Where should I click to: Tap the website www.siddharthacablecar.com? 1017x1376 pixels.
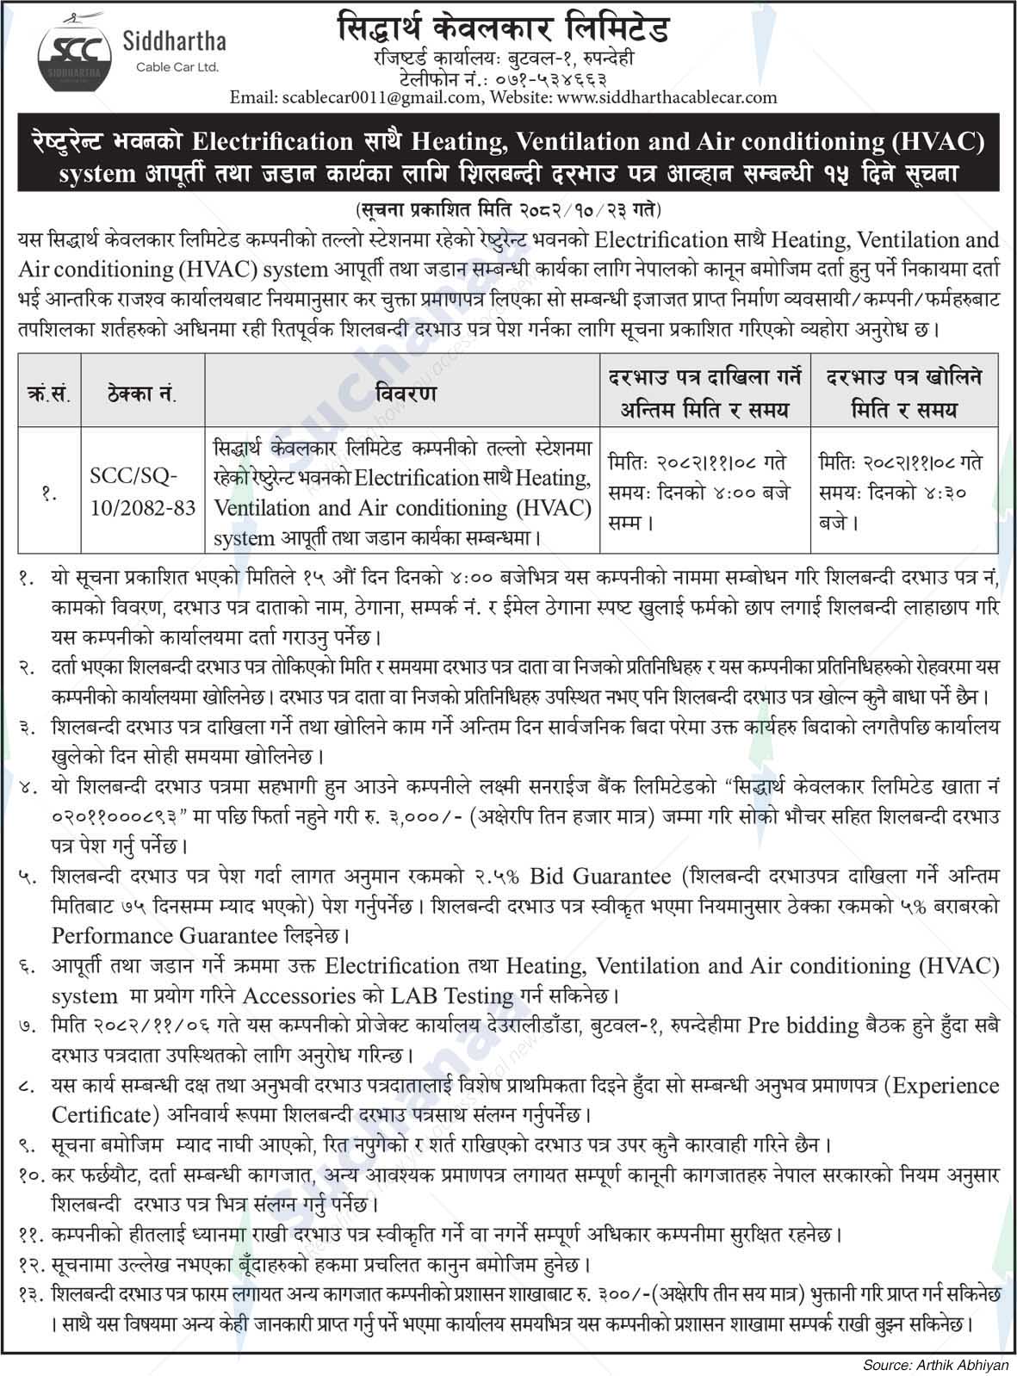tap(667, 97)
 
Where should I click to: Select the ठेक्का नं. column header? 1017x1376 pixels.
tap(142, 395)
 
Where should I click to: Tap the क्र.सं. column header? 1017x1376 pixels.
tap(48, 395)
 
